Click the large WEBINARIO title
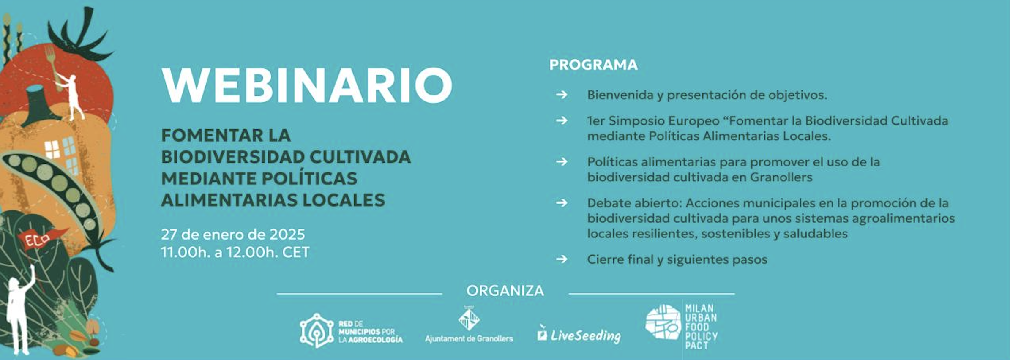coord(307,85)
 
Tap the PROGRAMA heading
coord(593,65)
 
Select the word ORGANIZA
coord(505,291)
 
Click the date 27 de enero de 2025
coord(233,234)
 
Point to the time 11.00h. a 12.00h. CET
coord(235,252)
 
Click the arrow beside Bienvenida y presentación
coord(562,95)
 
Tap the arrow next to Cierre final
coord(562,259)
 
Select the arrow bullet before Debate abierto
coord(562,203)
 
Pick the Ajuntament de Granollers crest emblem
coord(469,319)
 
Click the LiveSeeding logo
coord(579,335)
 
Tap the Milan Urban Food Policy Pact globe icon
coord(663,322)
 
